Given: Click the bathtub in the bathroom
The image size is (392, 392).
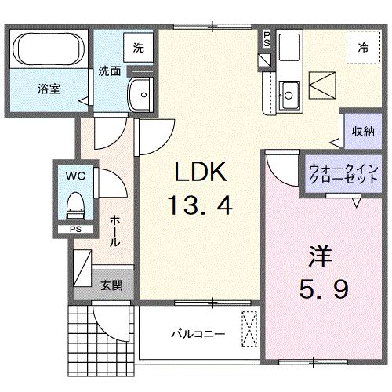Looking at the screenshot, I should point(48,49).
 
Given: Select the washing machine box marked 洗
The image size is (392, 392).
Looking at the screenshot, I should point(139,48).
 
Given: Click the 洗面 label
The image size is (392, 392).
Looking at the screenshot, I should point(109,71).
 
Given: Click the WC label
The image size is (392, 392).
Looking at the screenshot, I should point(75,173).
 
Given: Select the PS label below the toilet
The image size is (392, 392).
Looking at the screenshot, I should point(75,230).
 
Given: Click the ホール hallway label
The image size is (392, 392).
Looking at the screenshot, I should point(114,232).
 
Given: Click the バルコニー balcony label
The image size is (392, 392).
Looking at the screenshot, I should point(199,333).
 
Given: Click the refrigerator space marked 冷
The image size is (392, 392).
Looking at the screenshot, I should point(363,48).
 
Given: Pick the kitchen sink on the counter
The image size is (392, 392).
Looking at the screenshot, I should point(288,95).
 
